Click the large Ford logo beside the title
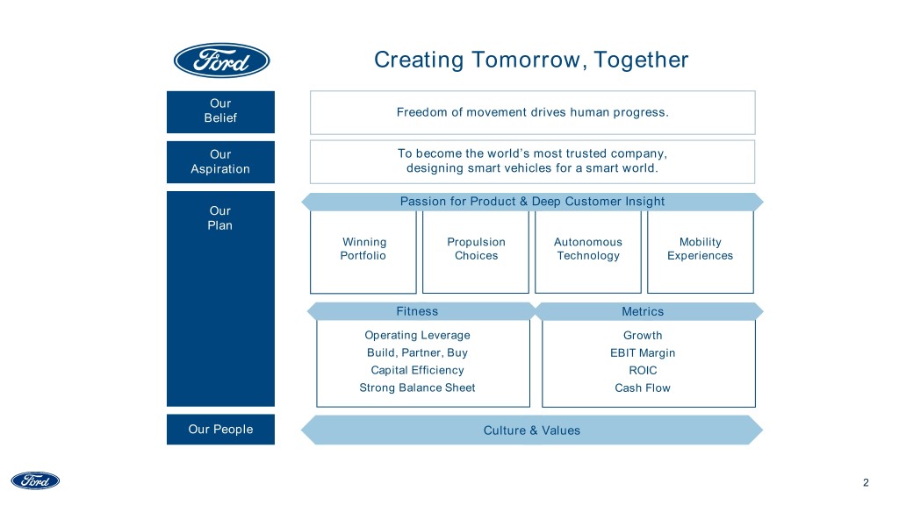click(x=221, y=60)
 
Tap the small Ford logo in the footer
click(x=35, y=480)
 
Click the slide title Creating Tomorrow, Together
click(x=531, y=60)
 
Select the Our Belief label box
click(x=220, y=110)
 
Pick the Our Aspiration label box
click(x=220, y=161)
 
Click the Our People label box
click(x=220, y=430)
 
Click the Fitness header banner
click(x=417, y=311)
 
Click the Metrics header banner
click(x=643, y=311)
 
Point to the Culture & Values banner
click(x=532, y=430)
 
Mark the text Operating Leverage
click(x=417, y=336)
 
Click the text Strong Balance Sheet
click(x=417, y=388)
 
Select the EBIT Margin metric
click(x=643, y=353)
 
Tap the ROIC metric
click(x=643, y=371)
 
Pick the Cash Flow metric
click(x=643, y=388)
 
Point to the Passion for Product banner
click(x=532, y=202)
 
